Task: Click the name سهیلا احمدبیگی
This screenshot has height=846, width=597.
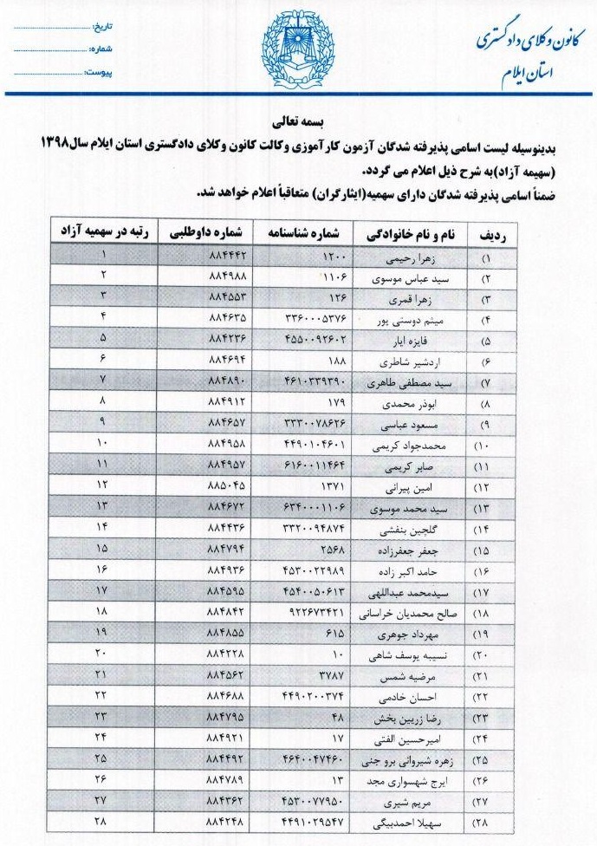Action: pyautogui.click(x=399, y=820)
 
